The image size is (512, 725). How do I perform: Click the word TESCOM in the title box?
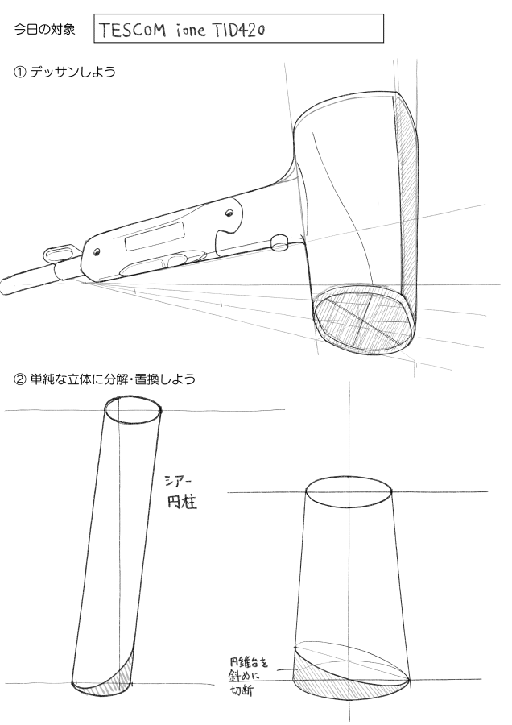click(x=132, y=30)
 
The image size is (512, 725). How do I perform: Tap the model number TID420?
click(x=239, y=30)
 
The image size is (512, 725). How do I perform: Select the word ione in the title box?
click(x=190, y=31)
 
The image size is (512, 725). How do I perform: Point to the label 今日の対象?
click(x=44, y=30)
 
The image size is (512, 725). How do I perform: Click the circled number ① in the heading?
click(x=20, y=72)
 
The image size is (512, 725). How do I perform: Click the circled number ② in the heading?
click(x=20, y=379)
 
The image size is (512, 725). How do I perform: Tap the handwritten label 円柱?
click(x=182, y=502)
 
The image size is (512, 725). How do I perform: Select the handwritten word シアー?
click(x=175, y=482)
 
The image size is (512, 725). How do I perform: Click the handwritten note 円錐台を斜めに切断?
click(x=248, y=677)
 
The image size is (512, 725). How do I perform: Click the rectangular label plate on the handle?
click(x=154, y=235)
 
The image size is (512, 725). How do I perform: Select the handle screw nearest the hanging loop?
click(x=97, y=252)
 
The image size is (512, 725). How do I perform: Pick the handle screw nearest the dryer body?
click(x=229, y=213)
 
